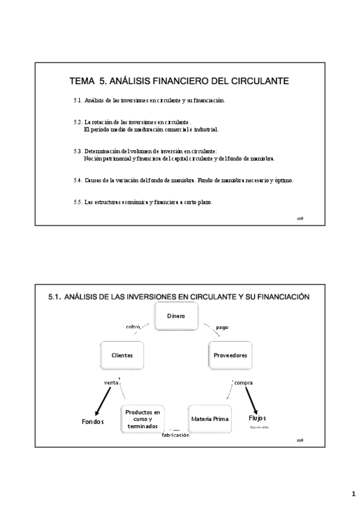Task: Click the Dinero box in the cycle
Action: pyautogui.click(x=176, y=316)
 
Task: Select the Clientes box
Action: pyautogui.click(x=121, y=355)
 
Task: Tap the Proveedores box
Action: pyautogui.click(x=230, y=355)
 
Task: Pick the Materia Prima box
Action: pyautogui.click(x=209, y=418)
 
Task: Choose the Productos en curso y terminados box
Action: pyautogui.click(x=142, y=419)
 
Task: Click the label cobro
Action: pyautogui.click(x=133, y=327)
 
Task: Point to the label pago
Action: pyautogui.click(x=222, y=327)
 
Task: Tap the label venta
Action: pyautogui.click(x=111, y=382)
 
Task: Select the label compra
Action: pyautogui.click(x=243, y=382)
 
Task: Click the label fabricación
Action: pyautogui.click(x=175, y=435)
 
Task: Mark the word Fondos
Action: pyautogui.click(x=93, y=422)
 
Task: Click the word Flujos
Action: pyautogui.click(x=257, y=418)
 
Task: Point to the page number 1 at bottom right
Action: pyautogui.click(x=353, y=494)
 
